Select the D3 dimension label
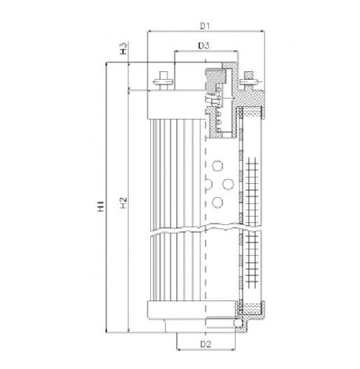coord(203,47)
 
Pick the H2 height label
coord(124,205)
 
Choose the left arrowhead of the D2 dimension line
coord(179,349)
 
